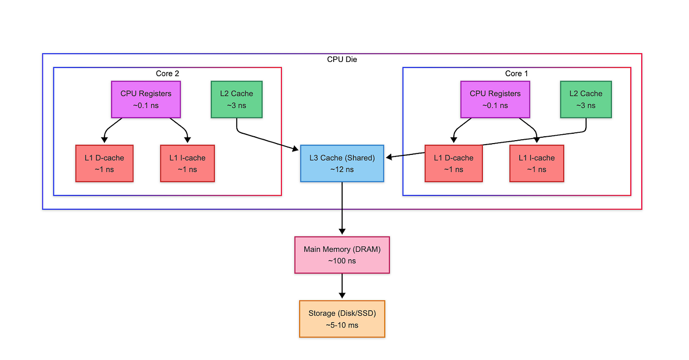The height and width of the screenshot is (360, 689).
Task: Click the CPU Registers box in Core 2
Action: point(146,99)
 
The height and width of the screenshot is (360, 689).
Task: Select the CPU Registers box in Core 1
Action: point(495,99)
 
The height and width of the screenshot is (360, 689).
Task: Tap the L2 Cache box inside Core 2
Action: point(237,99)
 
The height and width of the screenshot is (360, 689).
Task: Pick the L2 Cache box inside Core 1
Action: point(586,99)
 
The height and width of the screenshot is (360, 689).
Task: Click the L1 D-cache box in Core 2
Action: point(104,163)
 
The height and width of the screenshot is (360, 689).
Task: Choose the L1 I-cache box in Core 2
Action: point(187,163)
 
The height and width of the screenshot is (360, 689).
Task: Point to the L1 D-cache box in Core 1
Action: point(453,163)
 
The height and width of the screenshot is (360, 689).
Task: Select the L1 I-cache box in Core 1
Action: point(536,163)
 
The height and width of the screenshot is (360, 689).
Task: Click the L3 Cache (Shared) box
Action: point(342,163)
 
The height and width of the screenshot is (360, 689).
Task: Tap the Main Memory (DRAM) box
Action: point(342,255)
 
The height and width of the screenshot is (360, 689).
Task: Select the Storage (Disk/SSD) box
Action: point(342,319)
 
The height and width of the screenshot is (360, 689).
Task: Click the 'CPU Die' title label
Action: point(342,60)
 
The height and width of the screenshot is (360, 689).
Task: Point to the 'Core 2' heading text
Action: point(167,73)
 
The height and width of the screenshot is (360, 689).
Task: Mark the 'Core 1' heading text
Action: point(517,73)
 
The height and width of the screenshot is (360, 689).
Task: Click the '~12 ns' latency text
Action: point(342,170)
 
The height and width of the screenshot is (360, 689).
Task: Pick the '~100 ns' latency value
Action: point(342,261)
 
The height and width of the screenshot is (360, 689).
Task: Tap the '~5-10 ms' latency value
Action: point(342,325)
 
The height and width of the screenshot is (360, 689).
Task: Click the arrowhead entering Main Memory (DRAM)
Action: point(342,232)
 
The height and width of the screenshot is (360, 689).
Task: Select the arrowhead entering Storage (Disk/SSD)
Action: point(342,296)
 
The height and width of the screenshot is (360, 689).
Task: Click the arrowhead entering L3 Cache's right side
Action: point(389,157)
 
